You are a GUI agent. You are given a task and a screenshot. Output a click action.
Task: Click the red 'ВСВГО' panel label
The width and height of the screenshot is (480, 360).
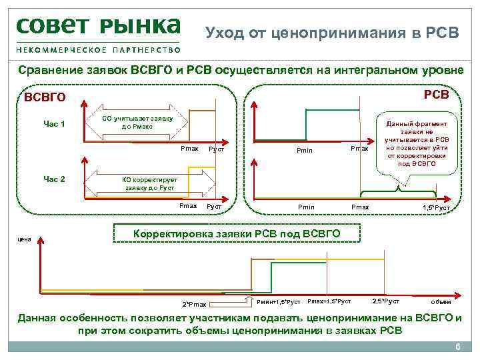tap(45, 98)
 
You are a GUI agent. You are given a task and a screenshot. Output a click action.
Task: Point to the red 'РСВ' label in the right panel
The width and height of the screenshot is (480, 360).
tap(437, 95)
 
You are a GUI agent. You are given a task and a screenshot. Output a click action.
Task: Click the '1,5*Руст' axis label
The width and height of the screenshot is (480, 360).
tap(436, 209)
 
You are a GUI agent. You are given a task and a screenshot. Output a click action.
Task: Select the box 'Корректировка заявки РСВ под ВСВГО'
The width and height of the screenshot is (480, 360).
tap(238, 234)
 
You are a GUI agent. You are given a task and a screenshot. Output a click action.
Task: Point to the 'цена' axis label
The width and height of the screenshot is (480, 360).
tap(24, 237)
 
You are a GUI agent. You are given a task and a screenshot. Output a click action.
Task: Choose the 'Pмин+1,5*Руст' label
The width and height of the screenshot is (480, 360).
tap(278, 302)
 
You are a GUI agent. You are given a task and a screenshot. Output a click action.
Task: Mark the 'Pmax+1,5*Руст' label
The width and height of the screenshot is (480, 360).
tap(329, 301)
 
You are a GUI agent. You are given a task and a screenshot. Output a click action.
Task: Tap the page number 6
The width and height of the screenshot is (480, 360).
tap(457, 348)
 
